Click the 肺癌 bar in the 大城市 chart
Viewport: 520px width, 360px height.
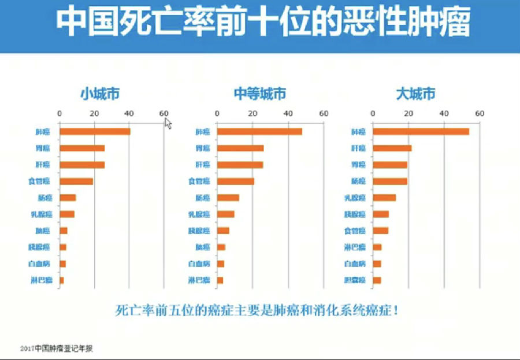pos(421,132)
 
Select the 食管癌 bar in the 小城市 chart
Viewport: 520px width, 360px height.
pos(76,181)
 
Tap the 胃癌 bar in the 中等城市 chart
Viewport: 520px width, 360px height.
pos(240,149)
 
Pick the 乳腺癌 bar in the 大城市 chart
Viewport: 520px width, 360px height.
pos(384,198)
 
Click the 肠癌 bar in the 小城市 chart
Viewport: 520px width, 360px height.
pos(68,198)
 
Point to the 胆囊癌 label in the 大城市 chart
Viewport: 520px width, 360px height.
pos(355,281)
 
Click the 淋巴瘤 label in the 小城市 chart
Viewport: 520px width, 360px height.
pos(41,281)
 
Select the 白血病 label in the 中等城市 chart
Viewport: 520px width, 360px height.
pos(199,264)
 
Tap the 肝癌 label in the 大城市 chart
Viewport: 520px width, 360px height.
pos(358,149)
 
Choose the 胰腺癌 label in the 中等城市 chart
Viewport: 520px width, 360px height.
pos(199,231)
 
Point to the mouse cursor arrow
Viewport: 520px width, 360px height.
pos(168,123)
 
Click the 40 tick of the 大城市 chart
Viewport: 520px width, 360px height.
pos(444,113)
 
